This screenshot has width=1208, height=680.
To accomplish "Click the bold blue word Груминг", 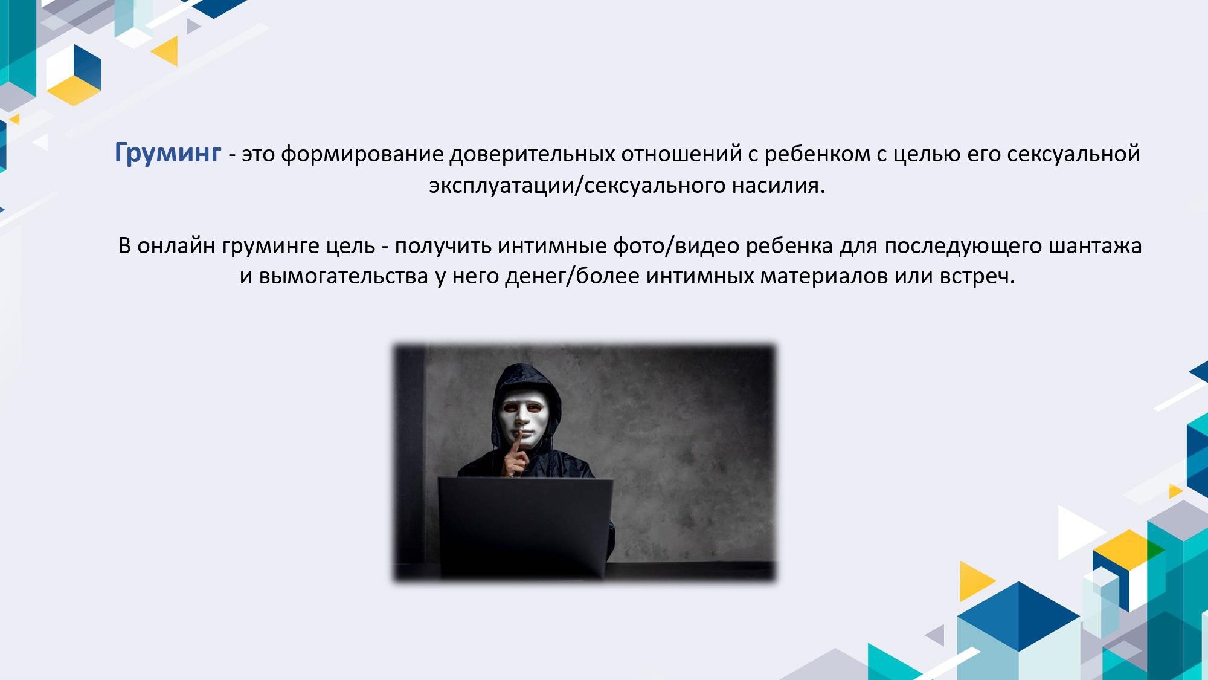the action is pos(168,154).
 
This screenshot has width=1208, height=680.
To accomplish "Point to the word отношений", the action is pos(682,155).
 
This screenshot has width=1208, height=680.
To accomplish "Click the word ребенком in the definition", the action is pos(818,155).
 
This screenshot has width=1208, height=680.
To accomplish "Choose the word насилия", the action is pos(779,186).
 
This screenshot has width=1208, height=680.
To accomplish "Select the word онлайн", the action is pos(176,246).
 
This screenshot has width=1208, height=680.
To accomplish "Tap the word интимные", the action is pos(553,246).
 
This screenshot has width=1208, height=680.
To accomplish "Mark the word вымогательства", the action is pos(344,276).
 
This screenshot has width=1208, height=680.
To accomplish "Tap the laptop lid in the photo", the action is pos(525,526).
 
